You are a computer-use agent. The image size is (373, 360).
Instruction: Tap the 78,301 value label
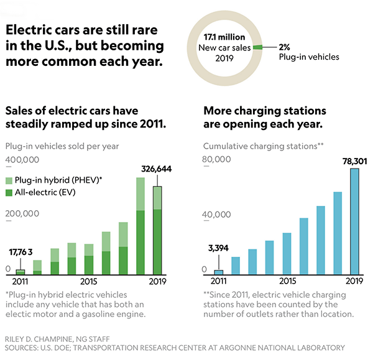[354, 160]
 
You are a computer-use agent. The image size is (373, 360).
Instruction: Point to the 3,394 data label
[218, 249]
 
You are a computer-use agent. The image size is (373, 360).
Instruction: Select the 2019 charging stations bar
[354, 221]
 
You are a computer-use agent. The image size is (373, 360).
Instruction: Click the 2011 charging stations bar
[218, 272]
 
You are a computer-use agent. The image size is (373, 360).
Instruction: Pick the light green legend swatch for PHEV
[9, 180]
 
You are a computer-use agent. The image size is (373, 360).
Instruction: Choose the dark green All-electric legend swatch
[9, 193]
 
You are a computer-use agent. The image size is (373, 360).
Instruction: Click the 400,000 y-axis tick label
[22, 160]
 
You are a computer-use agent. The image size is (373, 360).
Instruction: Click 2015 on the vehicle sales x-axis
[88, 281]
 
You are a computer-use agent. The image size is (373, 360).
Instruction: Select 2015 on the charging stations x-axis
[287, 281]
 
